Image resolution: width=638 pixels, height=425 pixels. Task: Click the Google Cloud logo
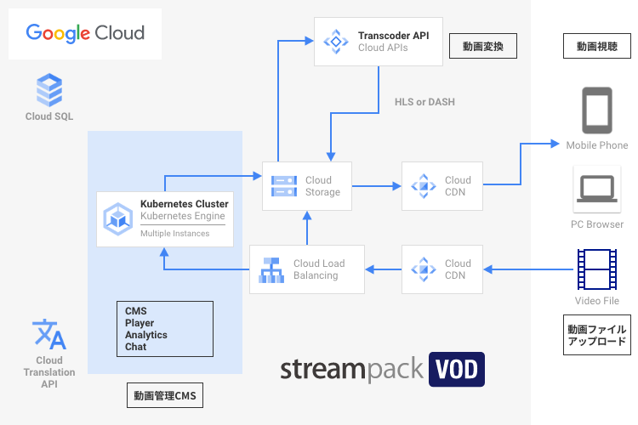(85, 33)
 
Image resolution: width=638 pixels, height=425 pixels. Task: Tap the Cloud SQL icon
(48, 88)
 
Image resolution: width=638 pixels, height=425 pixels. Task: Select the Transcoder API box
(379, 41)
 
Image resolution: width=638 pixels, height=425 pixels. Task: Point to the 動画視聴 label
(597, 46)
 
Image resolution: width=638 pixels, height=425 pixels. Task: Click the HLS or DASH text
(424, 102)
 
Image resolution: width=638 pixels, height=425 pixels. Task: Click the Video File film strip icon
(596, 269)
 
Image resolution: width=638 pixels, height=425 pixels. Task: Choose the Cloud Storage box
(307, 186)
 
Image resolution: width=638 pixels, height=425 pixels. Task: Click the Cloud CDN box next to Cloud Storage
(442, 186)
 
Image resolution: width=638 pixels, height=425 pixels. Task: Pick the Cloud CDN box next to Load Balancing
(442, 269)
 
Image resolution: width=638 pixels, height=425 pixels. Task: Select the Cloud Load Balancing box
(307, 269)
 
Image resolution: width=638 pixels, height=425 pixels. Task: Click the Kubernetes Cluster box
(165, 219)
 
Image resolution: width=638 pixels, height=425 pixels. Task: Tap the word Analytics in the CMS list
(145, 335)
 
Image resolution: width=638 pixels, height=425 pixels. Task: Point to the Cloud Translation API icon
(48, 334)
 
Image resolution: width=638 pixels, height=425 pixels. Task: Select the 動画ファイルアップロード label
(596, 335)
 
